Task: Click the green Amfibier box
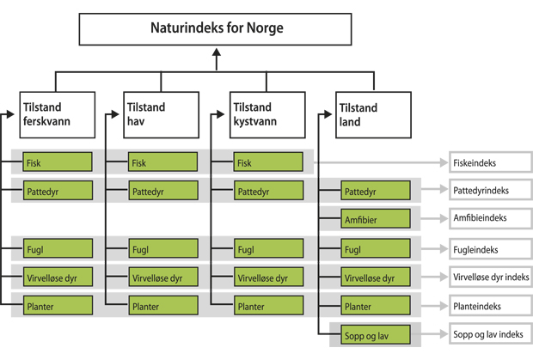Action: (x=371, y=219)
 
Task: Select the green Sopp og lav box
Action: (x=371, y=333)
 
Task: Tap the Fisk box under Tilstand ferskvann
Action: (x=58, y=162)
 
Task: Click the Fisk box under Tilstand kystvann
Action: (x=266, y=162)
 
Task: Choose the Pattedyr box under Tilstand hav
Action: (x=162, y=190)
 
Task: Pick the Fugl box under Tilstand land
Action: (x=371, y=250)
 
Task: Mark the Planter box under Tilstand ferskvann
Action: (x=58, y=306)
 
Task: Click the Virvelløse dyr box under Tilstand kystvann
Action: (x=266, y=278)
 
